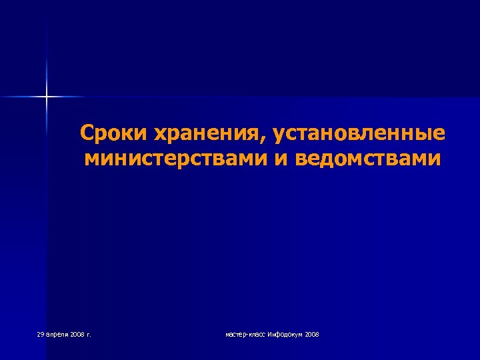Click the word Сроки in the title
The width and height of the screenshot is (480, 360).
click(x=113, y=133)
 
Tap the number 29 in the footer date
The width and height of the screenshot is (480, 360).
click(x=41, y=333)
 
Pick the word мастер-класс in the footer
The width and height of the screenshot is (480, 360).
click(x=245, y=333)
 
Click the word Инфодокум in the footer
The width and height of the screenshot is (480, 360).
click(x=285, y=333)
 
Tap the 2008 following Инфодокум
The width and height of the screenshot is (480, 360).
click(x=311, y=333)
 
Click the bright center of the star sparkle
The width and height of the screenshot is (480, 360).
click(x=47, y=97)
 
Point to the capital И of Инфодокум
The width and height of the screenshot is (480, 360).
click(x=269, y=333)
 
